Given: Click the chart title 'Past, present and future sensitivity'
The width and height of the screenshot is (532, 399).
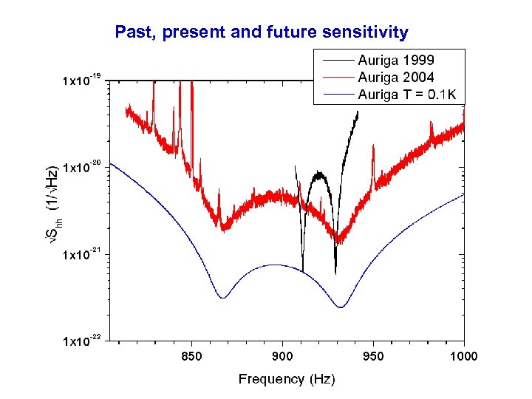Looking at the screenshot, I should tap(262, 32).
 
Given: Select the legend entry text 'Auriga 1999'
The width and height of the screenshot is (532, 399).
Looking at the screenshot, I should tap(396, 60).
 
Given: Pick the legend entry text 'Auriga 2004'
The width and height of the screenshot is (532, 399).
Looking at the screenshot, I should tap(396, 77).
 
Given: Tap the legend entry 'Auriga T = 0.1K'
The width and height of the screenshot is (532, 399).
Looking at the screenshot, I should tap(406, 94).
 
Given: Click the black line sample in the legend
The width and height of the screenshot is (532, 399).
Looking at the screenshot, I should tap(336, 60).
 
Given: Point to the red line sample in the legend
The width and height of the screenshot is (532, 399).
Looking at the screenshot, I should tap(336, 77).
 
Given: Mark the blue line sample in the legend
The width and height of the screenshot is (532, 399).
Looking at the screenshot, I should tap(336, 94).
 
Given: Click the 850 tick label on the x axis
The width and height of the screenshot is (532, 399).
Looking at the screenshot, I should tap(191, 356).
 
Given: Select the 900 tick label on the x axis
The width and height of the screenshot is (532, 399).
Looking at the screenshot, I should tap(282, 356).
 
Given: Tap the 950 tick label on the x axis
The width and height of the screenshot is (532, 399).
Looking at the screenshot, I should tap(373, 356).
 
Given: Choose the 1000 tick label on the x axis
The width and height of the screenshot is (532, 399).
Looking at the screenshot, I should tap(463, 356).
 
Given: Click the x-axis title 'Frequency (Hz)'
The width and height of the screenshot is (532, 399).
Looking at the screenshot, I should tap(286, 379).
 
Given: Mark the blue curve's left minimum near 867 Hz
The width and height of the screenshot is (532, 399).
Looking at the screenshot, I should tap(222, 298).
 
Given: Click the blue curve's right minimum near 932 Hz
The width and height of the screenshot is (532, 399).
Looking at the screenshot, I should tap(341, 307).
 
